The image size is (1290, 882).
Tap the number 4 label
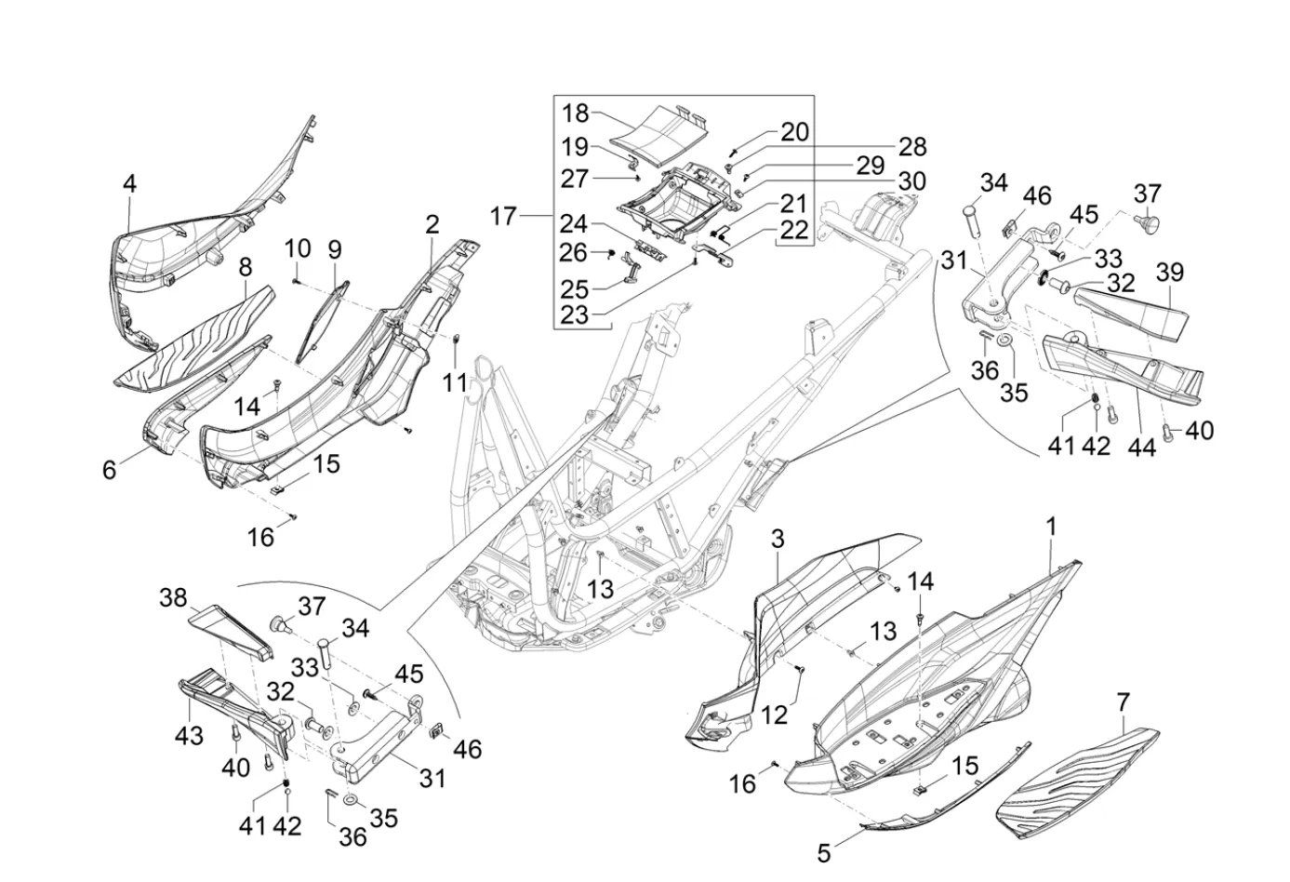pos(129,184)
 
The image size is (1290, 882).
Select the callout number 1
pos(1051,528)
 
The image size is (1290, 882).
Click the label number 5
pos(824,851)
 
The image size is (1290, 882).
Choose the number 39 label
pos(1169,273)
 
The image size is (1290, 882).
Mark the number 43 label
pos(189,735)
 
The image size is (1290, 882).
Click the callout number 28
pos(912,147)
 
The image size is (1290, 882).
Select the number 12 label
pos(775,715)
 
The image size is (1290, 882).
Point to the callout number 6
pos(110,471)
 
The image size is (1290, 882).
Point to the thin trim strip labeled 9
pos(321,321)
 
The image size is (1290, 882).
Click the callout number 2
pos(432,225)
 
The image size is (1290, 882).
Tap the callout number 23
pos(575,314)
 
